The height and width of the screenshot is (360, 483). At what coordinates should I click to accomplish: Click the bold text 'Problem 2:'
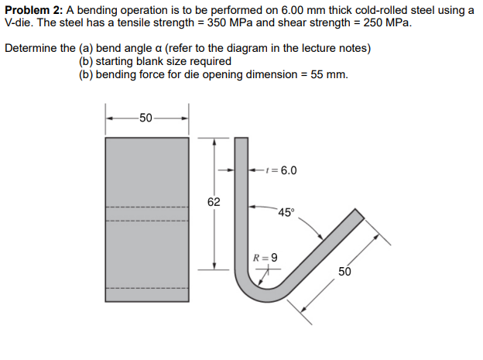pos(36,9)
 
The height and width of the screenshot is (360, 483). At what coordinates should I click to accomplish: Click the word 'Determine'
pos(30,48)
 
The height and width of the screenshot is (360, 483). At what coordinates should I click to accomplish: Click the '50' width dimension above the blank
pos(147,118)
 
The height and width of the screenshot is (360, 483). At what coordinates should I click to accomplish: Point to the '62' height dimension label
pos(214,202)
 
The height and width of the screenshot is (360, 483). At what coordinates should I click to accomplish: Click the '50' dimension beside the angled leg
pos(343,272)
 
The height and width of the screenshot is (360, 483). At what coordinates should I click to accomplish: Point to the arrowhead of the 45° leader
pos(320,238)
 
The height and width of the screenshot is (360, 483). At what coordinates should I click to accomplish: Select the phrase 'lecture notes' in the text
pos(337,48)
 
